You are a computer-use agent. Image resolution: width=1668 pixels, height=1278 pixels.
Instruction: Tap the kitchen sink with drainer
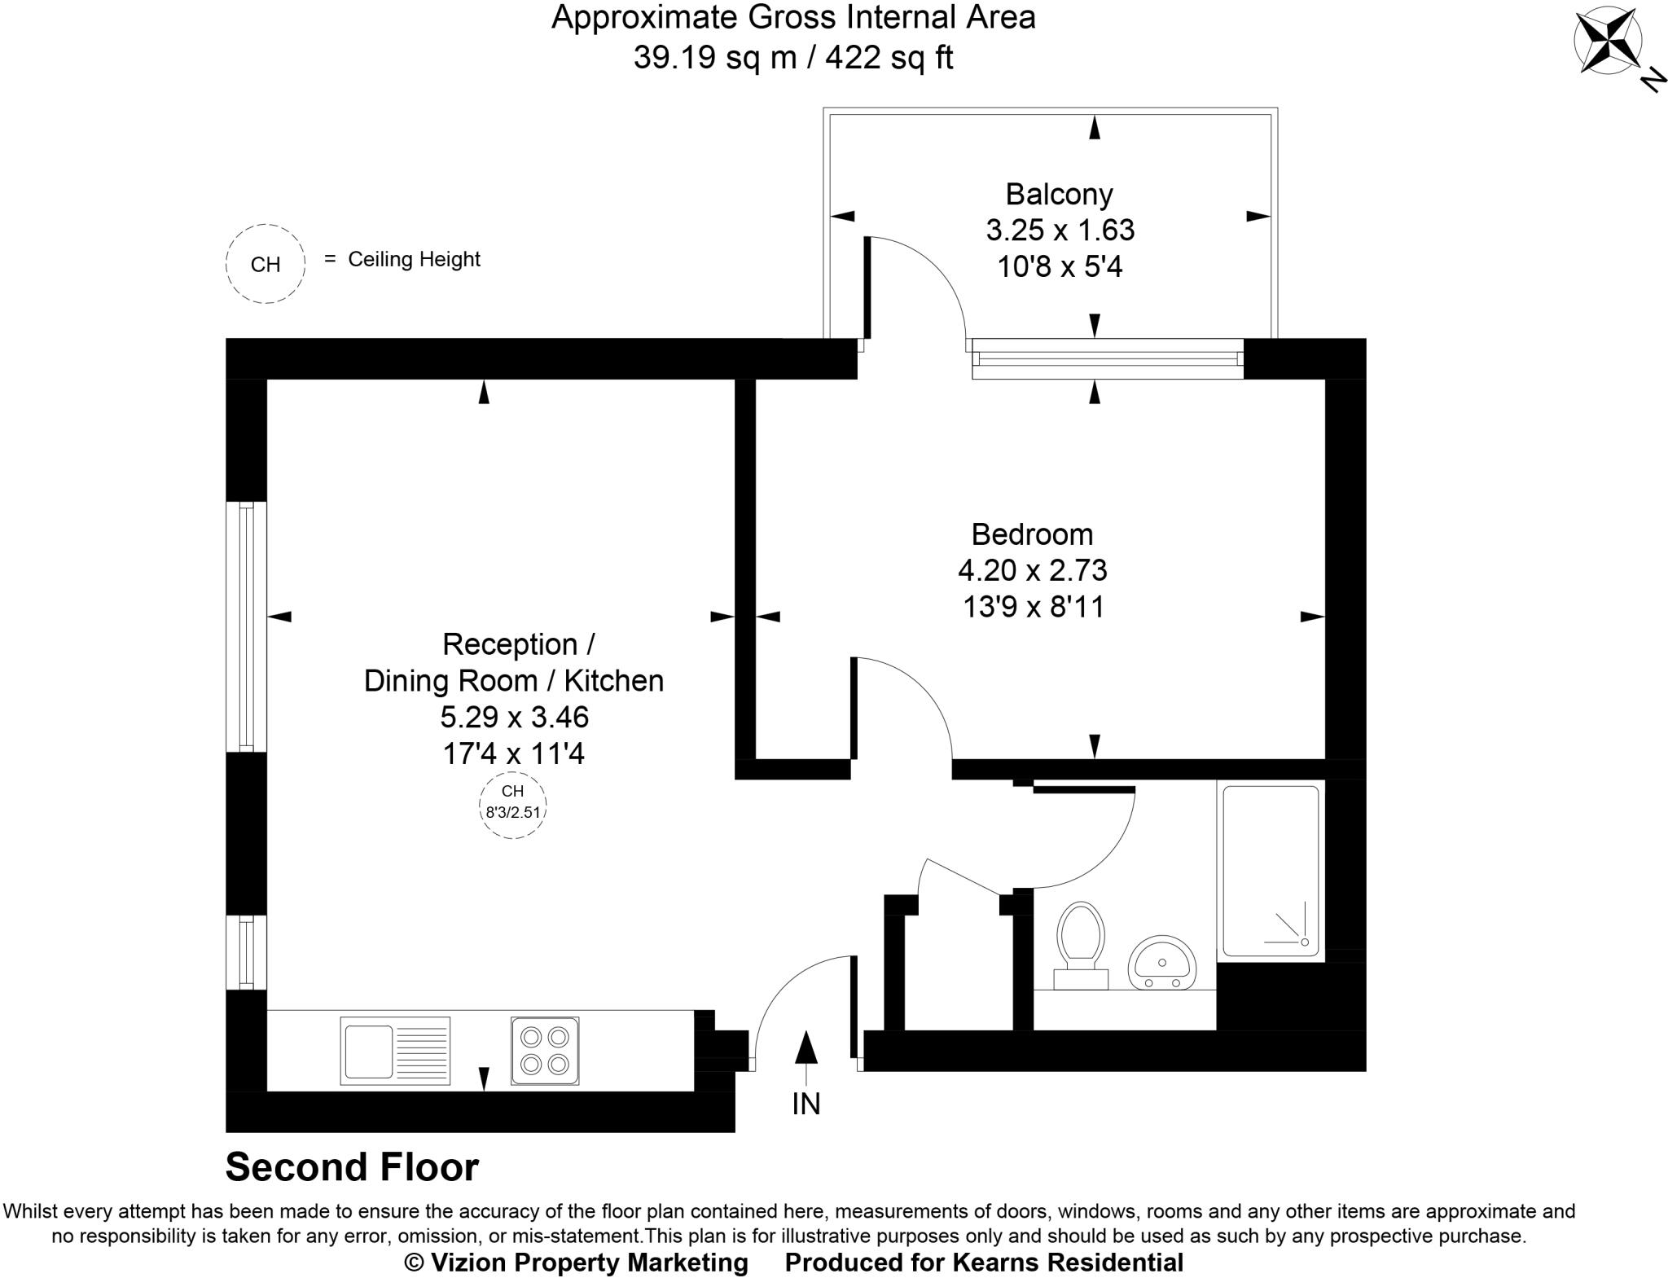[x=395, y=1051]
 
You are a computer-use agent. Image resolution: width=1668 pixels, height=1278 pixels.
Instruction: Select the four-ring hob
[x=545, y=1051]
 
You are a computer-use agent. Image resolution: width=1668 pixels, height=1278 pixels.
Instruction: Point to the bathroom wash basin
[x=1162, y=964]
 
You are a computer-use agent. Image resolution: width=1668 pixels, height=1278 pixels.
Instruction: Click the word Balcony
[x=1059, y=194]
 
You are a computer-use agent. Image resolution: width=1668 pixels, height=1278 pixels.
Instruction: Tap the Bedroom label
[x=1032, y=534]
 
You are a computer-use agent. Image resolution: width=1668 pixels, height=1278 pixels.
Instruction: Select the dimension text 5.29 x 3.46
[x=514, y=717]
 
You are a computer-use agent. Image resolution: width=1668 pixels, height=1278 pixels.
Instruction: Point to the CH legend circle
[x=266, y=264]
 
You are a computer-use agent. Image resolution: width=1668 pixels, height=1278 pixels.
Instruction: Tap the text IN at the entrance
[x=805, y=1104]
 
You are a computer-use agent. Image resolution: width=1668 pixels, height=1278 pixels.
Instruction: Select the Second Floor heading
[x=352, y=1167]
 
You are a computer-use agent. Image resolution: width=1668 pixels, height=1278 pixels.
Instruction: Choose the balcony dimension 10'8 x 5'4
[x=1060, y=266]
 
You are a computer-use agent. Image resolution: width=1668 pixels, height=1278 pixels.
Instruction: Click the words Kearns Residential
[x=1067, y=1263]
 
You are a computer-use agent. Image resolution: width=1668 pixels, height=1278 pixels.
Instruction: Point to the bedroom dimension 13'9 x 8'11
[x=1033, y=607]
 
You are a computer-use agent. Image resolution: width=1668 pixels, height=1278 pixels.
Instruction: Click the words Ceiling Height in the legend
[x=414, y=259]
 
